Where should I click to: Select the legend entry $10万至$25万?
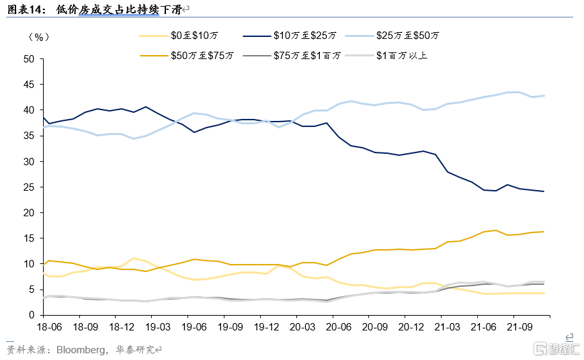pyautogui.click(x=306, y=35)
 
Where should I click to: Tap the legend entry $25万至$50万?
pyautogui.click(x=409, y=35)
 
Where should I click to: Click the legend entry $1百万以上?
pyautogui.click(x=401, y=55)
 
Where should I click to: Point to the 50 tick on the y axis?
pyautogui.click(x=28, y=59)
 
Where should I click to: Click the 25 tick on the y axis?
pyautogui.click(x=28, y=187)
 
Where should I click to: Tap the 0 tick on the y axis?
pyautogui.click(x=31, y=315)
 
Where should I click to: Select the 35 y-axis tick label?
pyautogui.click(x=28, y=136)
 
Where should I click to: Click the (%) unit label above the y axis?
pyautogui.click(x=39, y=36)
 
